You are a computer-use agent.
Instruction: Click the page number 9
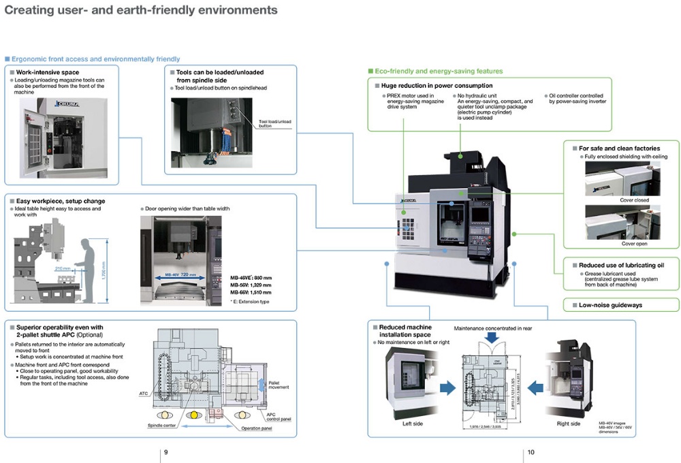165,452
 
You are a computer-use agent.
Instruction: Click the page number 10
530,452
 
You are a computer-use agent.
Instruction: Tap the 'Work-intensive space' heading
48,72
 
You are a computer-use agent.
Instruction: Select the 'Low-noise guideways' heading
610,305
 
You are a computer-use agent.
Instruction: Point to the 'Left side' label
412,424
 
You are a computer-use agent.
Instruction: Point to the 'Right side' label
568,424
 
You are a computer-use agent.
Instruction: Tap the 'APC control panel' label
278,416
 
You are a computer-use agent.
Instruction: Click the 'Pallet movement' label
280,386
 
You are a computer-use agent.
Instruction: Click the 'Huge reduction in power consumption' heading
432,86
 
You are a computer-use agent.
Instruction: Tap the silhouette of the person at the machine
88,266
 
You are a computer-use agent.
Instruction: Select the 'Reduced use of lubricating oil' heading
620,265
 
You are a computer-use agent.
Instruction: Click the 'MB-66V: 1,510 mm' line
251,292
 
